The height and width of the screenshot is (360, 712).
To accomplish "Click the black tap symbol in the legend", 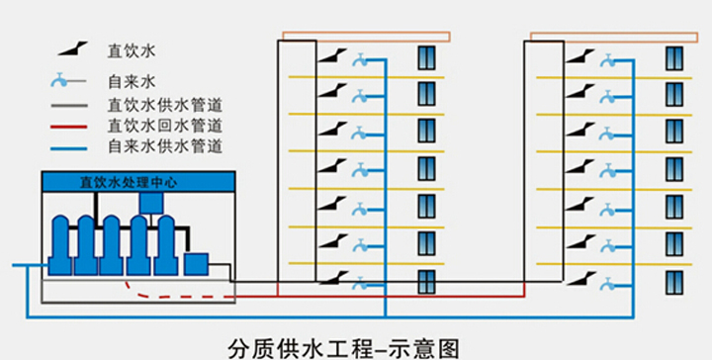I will (69, 49).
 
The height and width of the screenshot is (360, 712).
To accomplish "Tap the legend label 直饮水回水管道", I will (164, 126).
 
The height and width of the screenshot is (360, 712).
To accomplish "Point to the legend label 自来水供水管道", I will (164, 146).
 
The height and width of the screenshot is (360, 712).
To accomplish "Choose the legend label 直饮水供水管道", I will (164, 104).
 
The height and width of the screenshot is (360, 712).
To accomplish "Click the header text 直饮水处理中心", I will (137, 182).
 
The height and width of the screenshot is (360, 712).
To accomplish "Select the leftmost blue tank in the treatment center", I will (61, 245).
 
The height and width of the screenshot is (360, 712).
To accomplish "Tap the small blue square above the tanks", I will (151, 203).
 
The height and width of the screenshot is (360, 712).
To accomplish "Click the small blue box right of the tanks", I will (196, 264).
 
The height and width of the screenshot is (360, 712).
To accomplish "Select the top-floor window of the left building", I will (426, 56).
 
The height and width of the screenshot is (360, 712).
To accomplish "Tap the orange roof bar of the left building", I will (366, 38).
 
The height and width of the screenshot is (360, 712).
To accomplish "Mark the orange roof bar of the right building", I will (614, 38).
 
